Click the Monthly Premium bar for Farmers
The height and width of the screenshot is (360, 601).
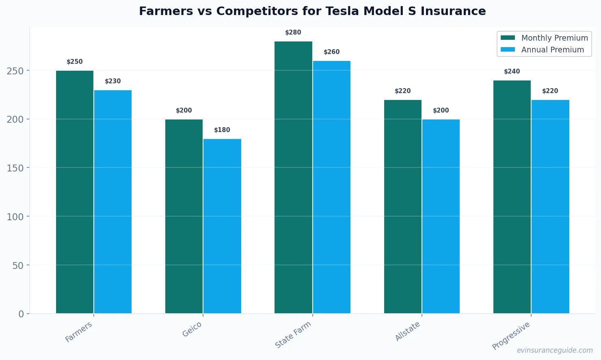pos(75,192)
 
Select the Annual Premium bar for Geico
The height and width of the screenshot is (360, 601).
pos(222,226)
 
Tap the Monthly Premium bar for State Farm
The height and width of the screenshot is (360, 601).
pos(293,177)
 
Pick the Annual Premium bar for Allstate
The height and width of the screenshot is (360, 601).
pos(441,216)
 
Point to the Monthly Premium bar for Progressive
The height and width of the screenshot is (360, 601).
pos(512,197)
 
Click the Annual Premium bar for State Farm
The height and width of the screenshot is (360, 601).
pos(332,187)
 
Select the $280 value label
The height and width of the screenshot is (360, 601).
pos(293,33)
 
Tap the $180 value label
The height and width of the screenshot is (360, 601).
pos(222,130)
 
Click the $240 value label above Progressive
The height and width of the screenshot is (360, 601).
pos(512,72)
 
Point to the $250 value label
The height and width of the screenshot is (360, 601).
pos(75,62)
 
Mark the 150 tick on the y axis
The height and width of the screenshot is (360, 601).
pos(15,168)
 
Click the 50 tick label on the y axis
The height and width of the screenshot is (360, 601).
pos(18,265)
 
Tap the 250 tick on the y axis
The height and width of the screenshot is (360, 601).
pos(15,71)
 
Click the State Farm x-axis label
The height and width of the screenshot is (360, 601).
pos(293,334)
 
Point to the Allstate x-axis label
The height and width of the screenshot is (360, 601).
pos(408,331)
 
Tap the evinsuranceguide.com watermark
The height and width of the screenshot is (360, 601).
pos(555,350)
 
